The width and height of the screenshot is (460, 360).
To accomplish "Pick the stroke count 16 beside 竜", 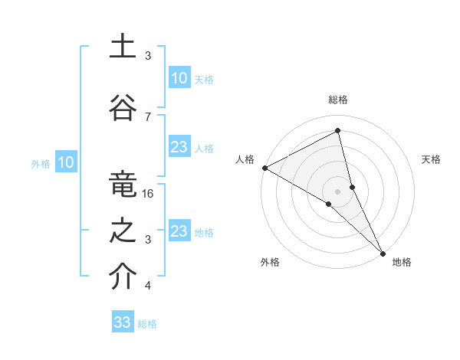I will [149, 194].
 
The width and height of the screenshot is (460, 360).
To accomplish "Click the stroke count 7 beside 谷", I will [148, 116].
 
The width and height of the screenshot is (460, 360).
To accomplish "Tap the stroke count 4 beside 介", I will [148, 286].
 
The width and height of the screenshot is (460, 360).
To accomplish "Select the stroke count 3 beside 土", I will [148, 55].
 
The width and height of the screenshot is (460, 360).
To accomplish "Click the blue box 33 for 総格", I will [123, 322].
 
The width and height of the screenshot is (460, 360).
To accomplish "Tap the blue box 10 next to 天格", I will [179, 78].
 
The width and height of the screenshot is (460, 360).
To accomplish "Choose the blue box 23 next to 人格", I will [179, 147].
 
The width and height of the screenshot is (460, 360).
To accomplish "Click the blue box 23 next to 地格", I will [179, 231].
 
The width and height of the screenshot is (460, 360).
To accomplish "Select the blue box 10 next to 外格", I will [66, 162].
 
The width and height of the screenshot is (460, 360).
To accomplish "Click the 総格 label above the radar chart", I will [338, 100].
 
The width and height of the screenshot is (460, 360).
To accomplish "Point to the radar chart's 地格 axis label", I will [402, 262].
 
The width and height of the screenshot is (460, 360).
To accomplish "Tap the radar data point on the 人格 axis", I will [264, 168].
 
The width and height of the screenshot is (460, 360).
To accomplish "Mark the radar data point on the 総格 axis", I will [338, 132].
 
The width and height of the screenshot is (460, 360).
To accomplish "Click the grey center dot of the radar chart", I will [338, 190].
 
